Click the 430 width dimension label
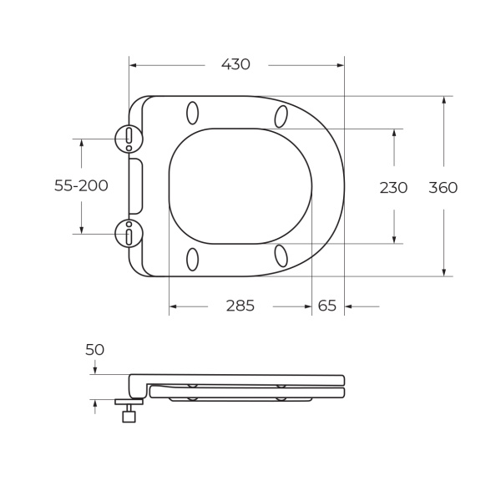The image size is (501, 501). pyautogui.click(x=235, y=64)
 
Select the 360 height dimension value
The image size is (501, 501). pyautogui.click(x=443, y=188)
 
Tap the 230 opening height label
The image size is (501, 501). pyautogui.click(x=393, y=188)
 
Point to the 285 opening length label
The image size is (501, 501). pyautogui.click(x=240, y=306)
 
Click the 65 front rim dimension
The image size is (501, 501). pyautogui.click(x=327, y=306)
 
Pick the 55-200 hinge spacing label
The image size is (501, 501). pyautogui.click(x=81, y=186)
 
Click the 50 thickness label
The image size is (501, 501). pyautogui.click(x=94, y=350)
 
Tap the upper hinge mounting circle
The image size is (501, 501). pyautogui.click(x=129, y=139)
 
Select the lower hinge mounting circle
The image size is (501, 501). pyautogui.click(x=129, y=234)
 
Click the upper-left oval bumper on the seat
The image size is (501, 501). pyautogui.click(x=192, y=113)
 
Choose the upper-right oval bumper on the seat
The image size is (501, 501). pyautogui.click(x=281, y=116)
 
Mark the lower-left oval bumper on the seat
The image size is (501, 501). pyautogui.click(x=192, y=259)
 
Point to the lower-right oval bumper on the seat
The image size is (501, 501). pyautogui.click(x=281, y=256)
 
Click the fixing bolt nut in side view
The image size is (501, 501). pyautogui.click(x=129, y=416)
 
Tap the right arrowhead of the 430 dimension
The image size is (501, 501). pyautogui.click(x=340, y=64)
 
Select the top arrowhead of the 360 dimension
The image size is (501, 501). pyautogui.click(x=443, y=100)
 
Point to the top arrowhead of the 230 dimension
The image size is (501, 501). pyautogui.click(x=394, y=133)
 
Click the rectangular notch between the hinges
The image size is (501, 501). pyautogui.click(x=135, y=186)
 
